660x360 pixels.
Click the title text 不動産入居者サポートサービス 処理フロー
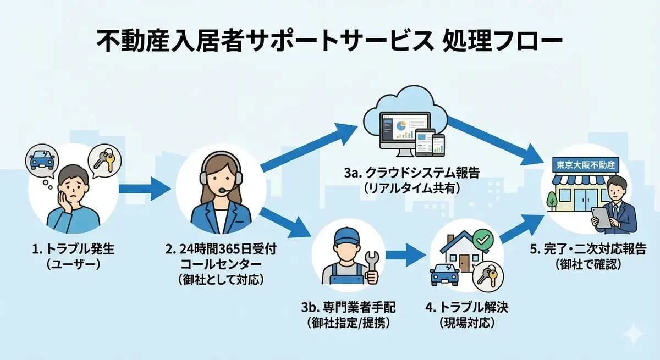tap(329, 42)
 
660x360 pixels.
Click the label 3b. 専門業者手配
tap(348, 307)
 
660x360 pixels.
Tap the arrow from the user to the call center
tap(145, 190)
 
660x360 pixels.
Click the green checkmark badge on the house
tap(482, 240)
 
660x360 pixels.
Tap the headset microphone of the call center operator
tap(222, 191)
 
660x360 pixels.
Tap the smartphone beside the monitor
tap(438, 144)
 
